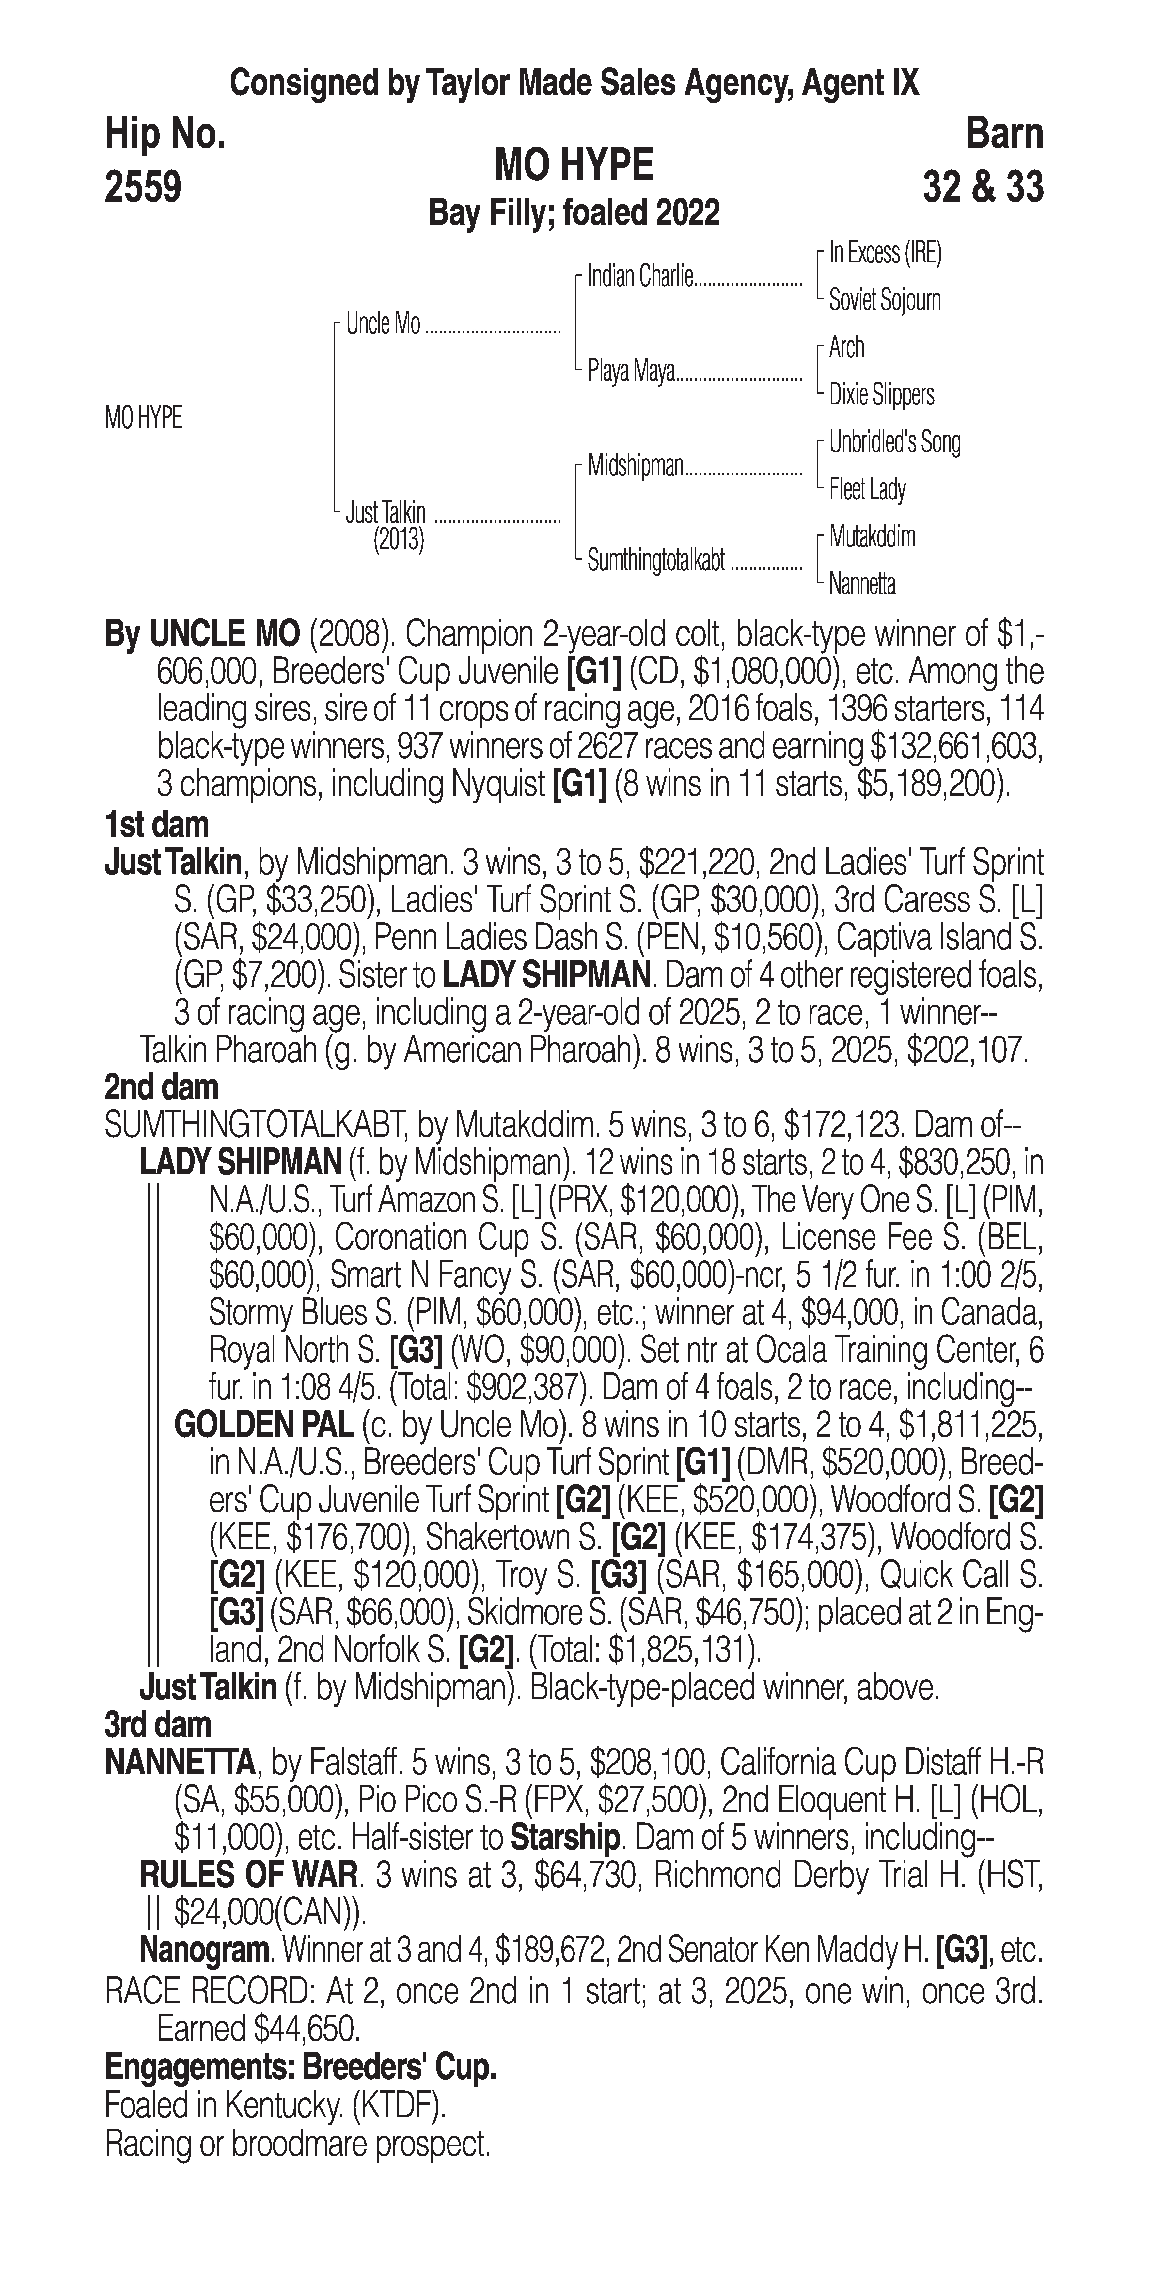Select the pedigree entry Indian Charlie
tap(639, 277)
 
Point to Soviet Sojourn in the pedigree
tap(885, 300)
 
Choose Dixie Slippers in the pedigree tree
tap(881, 395)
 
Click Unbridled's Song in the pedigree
tap(894, 442)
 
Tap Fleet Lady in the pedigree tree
tap(867, 489)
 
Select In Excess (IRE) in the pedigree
tap(885, 253)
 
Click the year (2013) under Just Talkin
tap(398, 540)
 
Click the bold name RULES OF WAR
tap(248, 1876)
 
